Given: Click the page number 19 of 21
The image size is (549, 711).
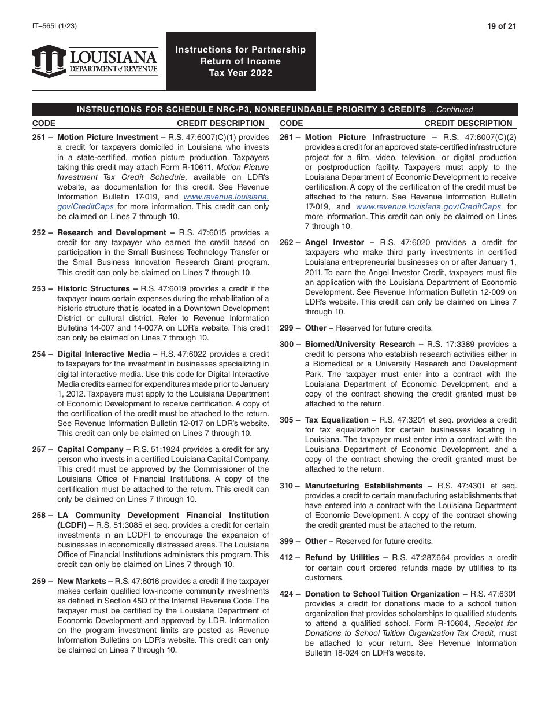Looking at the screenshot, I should click(x=502, y=26).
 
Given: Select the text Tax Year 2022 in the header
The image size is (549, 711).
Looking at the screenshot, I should click(x=240, y=73).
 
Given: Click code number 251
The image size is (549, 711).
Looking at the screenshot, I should click(x=40, y=138).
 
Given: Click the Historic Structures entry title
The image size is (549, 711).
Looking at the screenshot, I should click(x=93, y=289).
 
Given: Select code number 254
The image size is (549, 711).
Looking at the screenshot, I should click(x=40, y=354).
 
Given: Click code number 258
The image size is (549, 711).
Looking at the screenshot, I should click(x=40, y=515).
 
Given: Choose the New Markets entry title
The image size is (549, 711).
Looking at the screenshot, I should click(x=81, y=581).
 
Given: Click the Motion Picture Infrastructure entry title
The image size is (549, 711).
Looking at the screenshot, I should click(x=365, y=138).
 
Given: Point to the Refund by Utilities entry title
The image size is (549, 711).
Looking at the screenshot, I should click(x=342, y=558).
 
